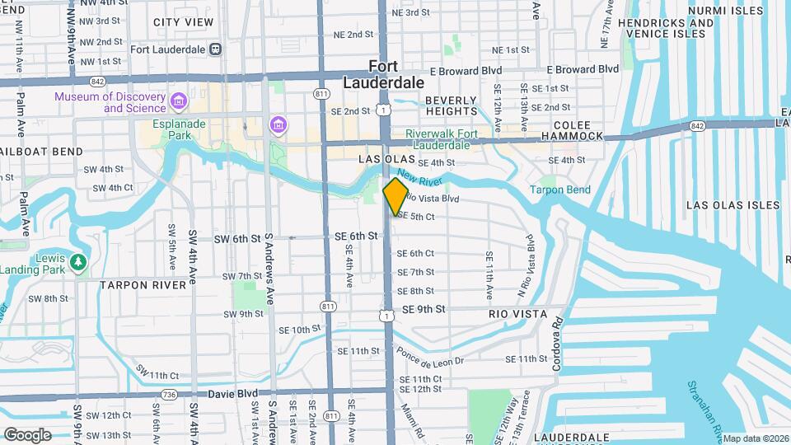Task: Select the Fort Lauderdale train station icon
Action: pos(216,49)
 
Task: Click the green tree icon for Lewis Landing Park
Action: pos(79,263)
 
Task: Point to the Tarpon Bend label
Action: pos(559,190)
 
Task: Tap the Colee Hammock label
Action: pos(572,136)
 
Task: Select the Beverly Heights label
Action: pos(451,105)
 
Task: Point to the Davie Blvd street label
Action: pos(232,394)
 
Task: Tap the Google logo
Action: pos(27,434)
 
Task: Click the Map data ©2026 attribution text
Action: pos(756,438)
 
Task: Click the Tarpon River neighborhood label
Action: pos(143,285)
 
